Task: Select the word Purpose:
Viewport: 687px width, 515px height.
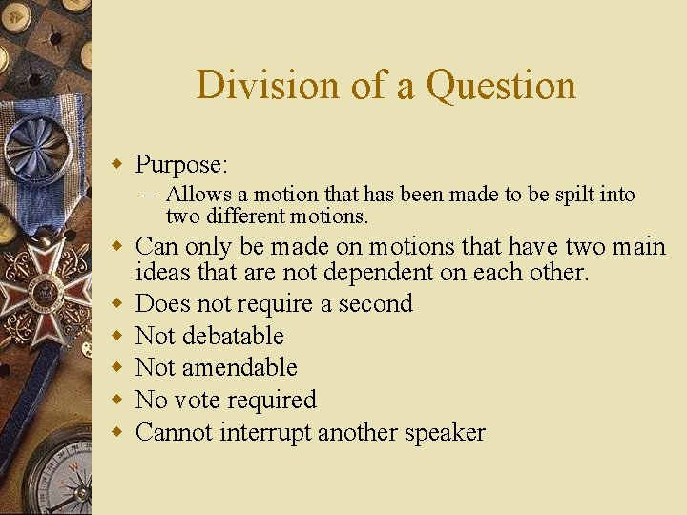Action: point(181,165)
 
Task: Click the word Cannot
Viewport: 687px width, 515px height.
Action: point(175,432)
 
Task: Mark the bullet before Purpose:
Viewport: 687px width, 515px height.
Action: point(118,164)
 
